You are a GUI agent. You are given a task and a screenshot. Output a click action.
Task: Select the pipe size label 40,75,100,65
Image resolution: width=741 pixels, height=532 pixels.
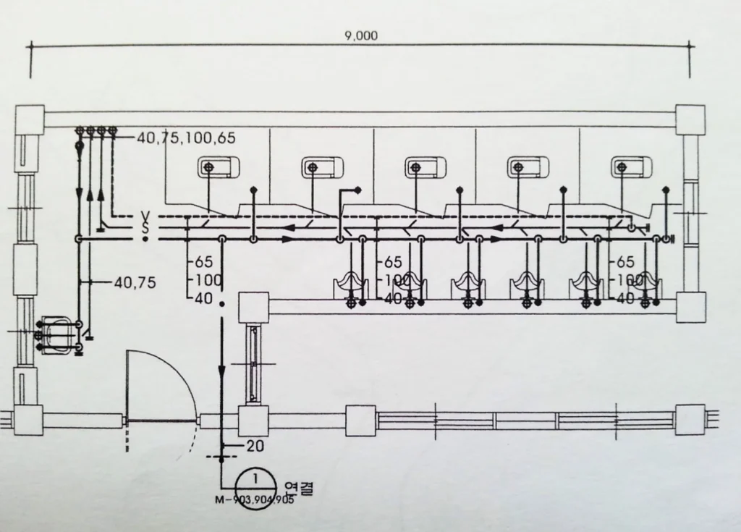186,138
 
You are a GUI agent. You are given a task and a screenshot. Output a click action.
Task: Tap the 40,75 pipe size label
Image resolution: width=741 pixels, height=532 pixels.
135,283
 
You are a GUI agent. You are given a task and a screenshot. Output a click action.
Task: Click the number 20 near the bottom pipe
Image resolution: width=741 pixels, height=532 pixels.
255,446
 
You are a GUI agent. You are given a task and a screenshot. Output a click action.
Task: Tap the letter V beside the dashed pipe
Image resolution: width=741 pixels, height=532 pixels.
145,216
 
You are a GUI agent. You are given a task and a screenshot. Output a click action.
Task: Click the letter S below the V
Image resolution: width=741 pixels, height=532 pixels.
145,227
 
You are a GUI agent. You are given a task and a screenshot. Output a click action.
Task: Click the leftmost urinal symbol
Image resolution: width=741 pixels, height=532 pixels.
352,284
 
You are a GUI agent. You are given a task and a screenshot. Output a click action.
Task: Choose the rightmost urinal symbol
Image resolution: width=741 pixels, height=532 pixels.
645,284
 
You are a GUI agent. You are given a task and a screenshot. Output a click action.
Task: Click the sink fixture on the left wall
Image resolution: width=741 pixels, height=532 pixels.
57,335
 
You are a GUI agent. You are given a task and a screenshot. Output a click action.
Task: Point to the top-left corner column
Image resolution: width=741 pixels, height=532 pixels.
30,119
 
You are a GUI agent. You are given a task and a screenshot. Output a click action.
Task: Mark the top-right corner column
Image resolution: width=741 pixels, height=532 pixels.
690,119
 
